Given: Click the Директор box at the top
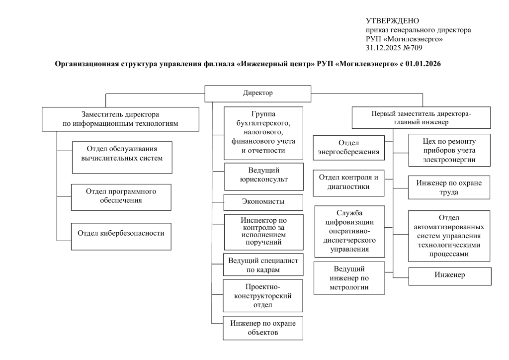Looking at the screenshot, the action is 258,94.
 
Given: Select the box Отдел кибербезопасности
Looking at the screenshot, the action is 121,236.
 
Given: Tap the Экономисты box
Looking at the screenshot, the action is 263,202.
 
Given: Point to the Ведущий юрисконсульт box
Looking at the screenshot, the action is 264,177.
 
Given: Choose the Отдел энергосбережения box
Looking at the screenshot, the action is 348,148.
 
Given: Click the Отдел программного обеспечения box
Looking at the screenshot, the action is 121,197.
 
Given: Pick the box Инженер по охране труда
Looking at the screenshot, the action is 449,187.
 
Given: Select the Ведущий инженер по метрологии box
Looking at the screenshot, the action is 349,278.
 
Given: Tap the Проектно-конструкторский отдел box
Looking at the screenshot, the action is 263,296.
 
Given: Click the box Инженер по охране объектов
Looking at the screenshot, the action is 263,328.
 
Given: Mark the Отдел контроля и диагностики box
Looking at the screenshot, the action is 348,183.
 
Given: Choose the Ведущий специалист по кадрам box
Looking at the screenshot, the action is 263,265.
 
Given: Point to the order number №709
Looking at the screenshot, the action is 413,48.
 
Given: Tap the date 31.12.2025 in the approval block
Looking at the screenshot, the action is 383,48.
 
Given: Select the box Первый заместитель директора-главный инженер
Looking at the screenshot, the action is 421,118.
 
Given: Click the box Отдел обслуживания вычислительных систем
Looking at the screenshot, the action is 122,158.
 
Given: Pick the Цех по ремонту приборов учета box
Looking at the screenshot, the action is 449,150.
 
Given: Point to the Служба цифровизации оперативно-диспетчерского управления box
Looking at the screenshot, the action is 349,231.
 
